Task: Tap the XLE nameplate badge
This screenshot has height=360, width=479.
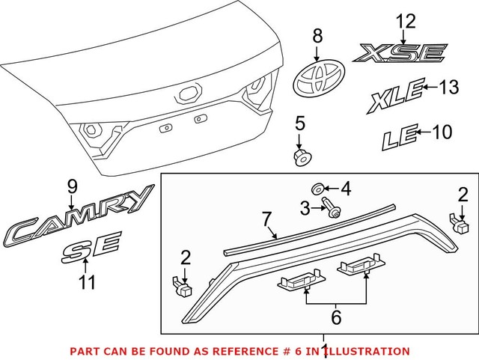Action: click(x=393, y=97)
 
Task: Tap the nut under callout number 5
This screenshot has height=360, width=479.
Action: click(x=300, y=157)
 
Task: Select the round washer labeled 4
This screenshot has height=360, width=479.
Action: click(x=317, y=187)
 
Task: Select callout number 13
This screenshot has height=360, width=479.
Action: click(x=449, y=88)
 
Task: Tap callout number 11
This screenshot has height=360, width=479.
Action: click(x=88, y=282)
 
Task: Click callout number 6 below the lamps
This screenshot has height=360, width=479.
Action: click(x=336, y=317)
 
